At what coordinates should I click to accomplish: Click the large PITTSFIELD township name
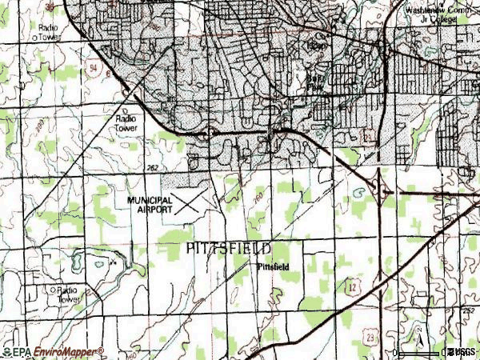(228, 249)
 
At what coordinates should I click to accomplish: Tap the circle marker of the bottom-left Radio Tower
(52, 289)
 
